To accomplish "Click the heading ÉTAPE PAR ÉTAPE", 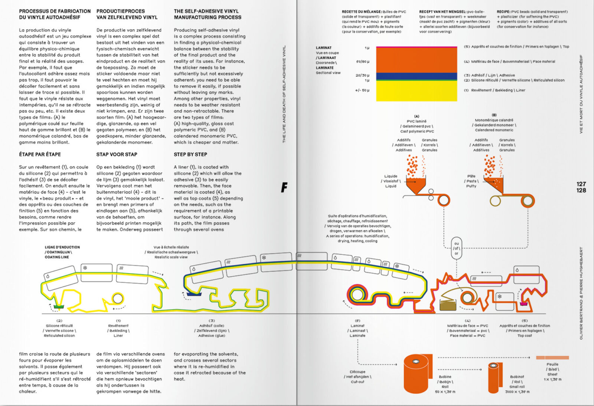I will point(40,154).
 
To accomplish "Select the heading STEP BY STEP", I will point(190,154).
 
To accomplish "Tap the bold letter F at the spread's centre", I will point(284,188).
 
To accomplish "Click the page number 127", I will point(581,184).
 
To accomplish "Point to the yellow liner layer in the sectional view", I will point(416,91).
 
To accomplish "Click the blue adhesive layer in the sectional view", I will point(416,76).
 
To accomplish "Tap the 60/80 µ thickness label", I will point(363,62).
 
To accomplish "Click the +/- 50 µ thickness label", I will point(362,90).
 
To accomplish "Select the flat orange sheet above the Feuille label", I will point(552,357).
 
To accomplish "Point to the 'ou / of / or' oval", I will point(456,248).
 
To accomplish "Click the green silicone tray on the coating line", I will point(59,307).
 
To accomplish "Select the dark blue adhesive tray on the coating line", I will point(193,294).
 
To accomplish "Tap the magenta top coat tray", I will point(524,304).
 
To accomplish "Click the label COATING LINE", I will point(57,257).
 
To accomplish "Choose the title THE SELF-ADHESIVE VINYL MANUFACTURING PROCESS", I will point(207,14).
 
